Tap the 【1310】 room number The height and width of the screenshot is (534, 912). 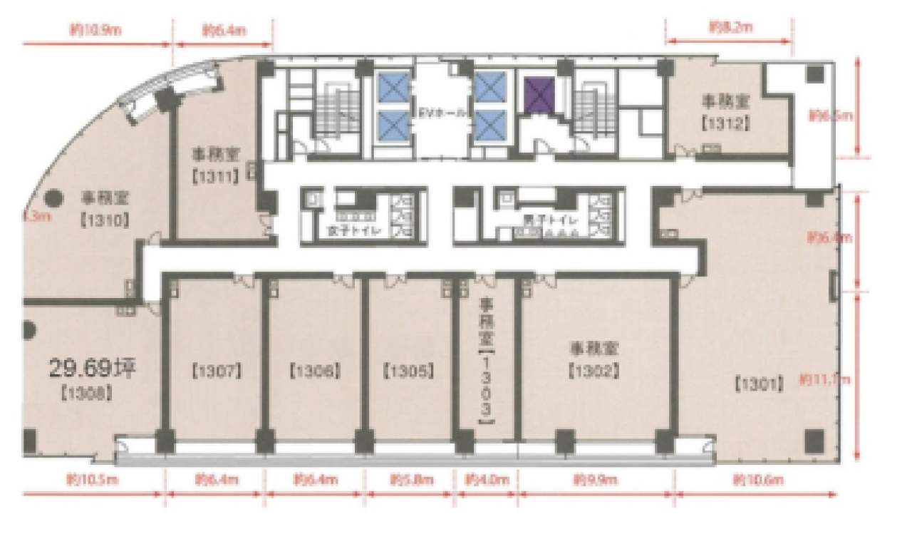(104, 220)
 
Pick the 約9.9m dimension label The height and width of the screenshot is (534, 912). (595, 480)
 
